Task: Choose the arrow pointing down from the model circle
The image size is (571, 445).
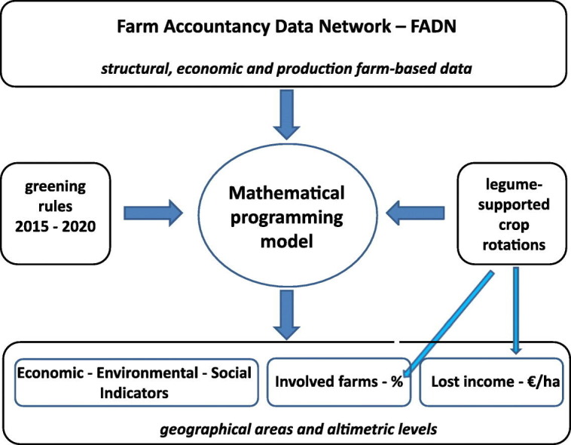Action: point(285,314)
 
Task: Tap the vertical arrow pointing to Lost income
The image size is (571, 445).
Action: point(516,309)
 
